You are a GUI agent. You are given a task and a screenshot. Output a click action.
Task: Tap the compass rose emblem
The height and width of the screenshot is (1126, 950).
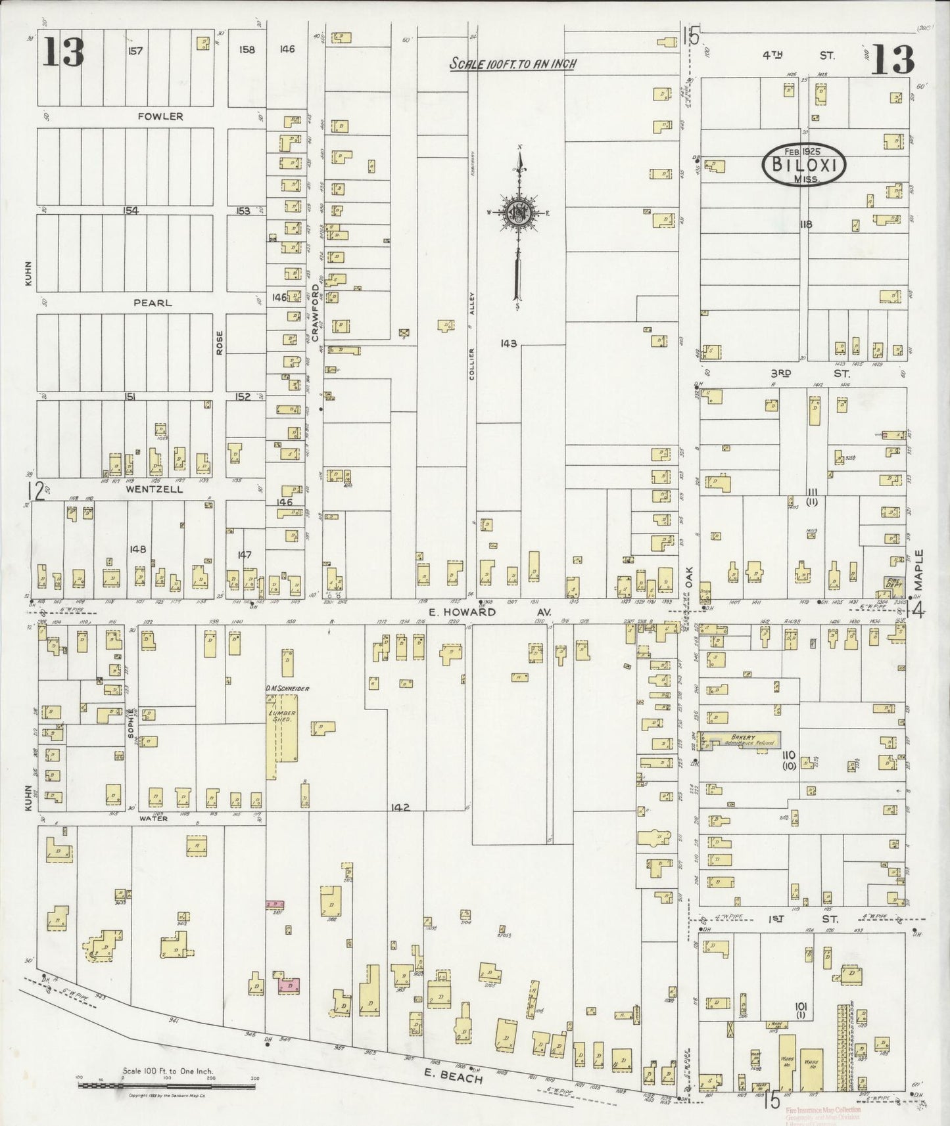click(x=517, y=212)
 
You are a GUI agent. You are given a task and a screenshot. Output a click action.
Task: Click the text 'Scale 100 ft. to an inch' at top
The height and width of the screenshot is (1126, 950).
click(x=513, y=64)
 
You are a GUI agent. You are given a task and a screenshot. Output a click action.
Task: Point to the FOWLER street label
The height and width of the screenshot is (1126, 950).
click(x=160, y=116)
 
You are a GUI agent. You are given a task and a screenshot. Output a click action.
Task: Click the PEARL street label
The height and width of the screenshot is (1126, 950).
click(x=153, y=303)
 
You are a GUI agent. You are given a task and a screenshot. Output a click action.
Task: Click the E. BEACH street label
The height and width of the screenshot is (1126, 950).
click(x=460, y=1079)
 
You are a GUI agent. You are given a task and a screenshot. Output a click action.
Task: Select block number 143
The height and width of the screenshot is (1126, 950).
click(x=508, y=343)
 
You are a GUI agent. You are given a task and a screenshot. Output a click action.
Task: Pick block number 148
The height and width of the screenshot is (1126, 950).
click(x=137, y=549)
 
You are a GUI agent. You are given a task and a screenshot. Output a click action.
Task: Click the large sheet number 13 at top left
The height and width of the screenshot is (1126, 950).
click(x=64, y=53)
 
